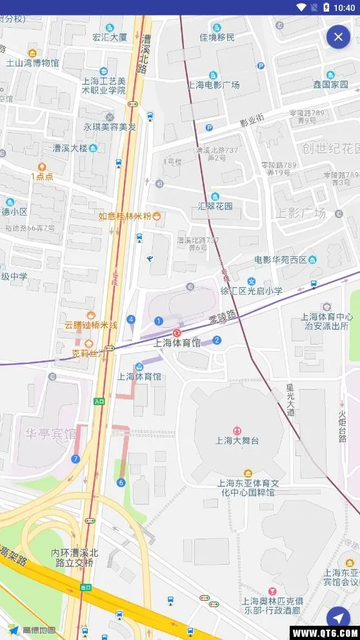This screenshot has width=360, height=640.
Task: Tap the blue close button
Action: pyautogui.click(x=338, y=37)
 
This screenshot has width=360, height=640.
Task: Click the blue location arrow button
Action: pyautogui.click(x=338, y=618)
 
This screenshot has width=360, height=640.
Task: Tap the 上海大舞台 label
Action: pyautogui.click(x=237, y=441)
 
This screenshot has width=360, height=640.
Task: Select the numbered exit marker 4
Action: pyautogui.click(x=131, y=319)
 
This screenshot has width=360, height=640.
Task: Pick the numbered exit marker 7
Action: pyautogui.click(x=75, y=459)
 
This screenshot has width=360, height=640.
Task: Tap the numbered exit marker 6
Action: pyautogui.click(x=121, y=482)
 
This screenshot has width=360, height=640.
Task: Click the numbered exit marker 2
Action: pyautogui.click(x=217, y=340)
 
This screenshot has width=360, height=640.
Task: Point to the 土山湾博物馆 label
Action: pyautogui.click(x=32, y=63)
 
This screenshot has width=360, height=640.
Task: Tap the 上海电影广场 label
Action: pyautogui.click(x=214, y=85)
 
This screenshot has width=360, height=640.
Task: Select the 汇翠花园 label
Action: pyautogui.click(x=215, y=206)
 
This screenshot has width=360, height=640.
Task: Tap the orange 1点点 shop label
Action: pyautogui.click(x=42, y=176)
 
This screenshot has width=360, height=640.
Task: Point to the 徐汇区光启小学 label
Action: pyautogui.click(x=252, y=291)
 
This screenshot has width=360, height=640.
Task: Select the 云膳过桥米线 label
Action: pyautogui.click(x=90, y=325)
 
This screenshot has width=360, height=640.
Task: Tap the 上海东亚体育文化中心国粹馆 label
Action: pyautogui.click(x=248, y=487)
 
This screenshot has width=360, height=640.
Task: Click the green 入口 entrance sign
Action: pyautogui.click(x=99, y=401)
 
